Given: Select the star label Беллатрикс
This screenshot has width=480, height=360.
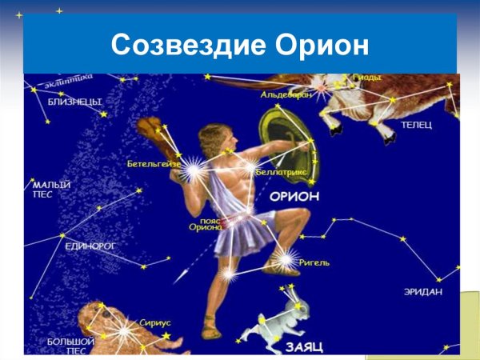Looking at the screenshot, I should point(282,172).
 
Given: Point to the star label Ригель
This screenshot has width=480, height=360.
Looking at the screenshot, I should point(314,262).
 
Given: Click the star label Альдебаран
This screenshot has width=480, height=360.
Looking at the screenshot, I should point(285,94).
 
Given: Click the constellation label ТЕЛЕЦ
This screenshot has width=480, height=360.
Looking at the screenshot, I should point(416,126).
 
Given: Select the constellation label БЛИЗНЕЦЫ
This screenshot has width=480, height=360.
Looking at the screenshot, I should point(73,102).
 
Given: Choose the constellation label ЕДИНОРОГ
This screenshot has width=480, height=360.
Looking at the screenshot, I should point(87,246).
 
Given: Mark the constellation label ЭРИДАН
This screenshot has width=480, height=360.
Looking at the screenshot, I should point(422,292).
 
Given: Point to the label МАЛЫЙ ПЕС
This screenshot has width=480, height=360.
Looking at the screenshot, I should point(52,189).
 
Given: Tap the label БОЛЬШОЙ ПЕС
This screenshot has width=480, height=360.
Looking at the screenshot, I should point(71,346).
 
